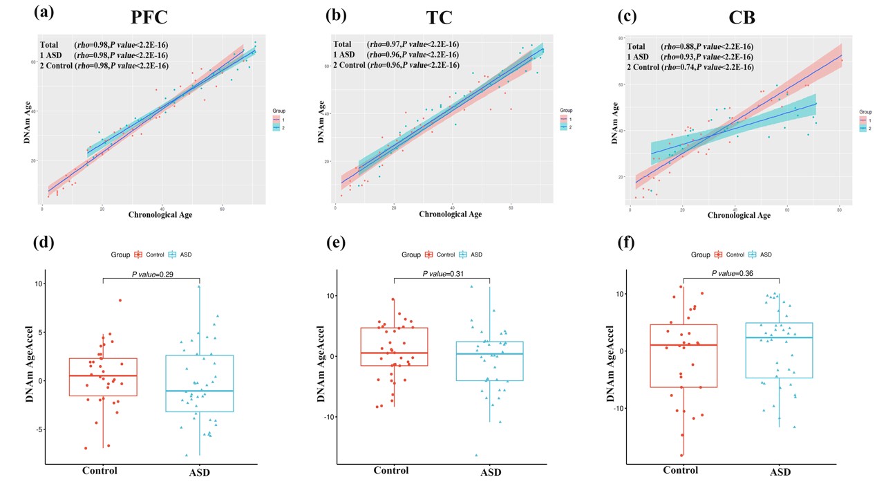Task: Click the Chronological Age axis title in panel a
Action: tap(160, 214)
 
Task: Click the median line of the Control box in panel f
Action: tap(683, 345)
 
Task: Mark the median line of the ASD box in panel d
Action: tap(200, 391)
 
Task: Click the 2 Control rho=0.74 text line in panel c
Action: tap(690, 67)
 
